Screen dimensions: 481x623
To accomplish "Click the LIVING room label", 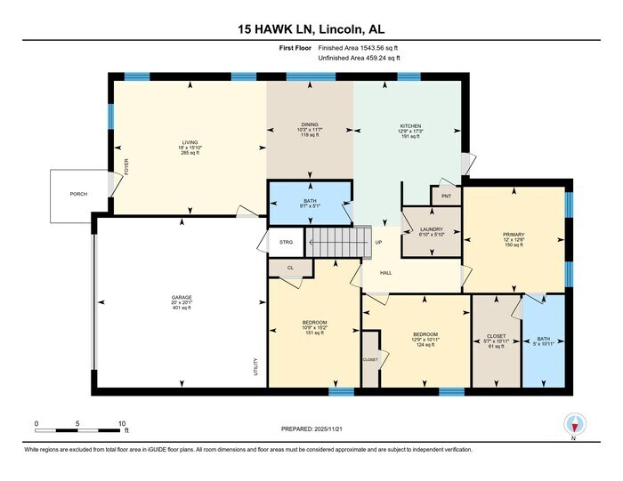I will click(190, 140).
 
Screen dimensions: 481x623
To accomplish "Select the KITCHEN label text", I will click(409, 126).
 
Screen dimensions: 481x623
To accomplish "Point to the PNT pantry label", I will click(445, 196).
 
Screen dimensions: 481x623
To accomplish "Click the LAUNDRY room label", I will click(430, 229).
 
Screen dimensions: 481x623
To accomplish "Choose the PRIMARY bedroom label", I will click(514, 235).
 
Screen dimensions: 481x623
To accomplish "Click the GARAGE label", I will click(182, 297).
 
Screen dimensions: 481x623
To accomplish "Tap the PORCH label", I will click(79, 193).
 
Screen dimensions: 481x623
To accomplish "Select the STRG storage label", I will click(285, 241).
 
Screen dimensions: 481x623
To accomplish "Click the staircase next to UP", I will click(338, 240).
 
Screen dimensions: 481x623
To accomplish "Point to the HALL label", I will click(385, 273).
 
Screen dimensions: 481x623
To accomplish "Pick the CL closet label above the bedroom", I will click(291, 267).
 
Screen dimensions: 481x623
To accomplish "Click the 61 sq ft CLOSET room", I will click(495, 338).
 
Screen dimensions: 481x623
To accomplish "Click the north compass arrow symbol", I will click(573, 424).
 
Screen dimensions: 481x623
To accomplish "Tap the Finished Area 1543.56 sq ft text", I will click(357, 48).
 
